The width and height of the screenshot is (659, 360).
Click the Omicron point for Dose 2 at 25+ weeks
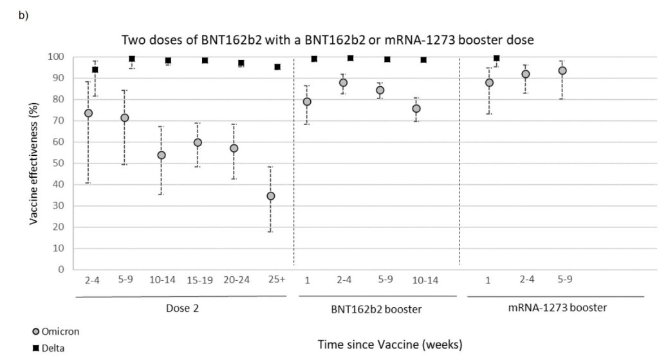(x=271, y=196)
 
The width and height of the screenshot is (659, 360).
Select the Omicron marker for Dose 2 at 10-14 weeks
(x=162, y=155)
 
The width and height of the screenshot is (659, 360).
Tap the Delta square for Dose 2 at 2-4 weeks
(x=95, y=70)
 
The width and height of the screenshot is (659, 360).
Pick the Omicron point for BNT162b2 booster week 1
(x=307, y=102)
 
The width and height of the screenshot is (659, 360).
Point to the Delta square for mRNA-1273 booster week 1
(x=497, y=58)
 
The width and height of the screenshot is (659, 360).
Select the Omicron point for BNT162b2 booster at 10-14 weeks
(x=416, y=109)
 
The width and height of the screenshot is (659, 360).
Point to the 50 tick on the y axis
(x=59, y=163)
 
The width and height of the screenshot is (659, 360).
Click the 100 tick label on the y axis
(x=57, y=57)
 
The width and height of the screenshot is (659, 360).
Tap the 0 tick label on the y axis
(x=61, y=269)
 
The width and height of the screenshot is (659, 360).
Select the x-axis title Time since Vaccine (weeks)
(x=389, y=345)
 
